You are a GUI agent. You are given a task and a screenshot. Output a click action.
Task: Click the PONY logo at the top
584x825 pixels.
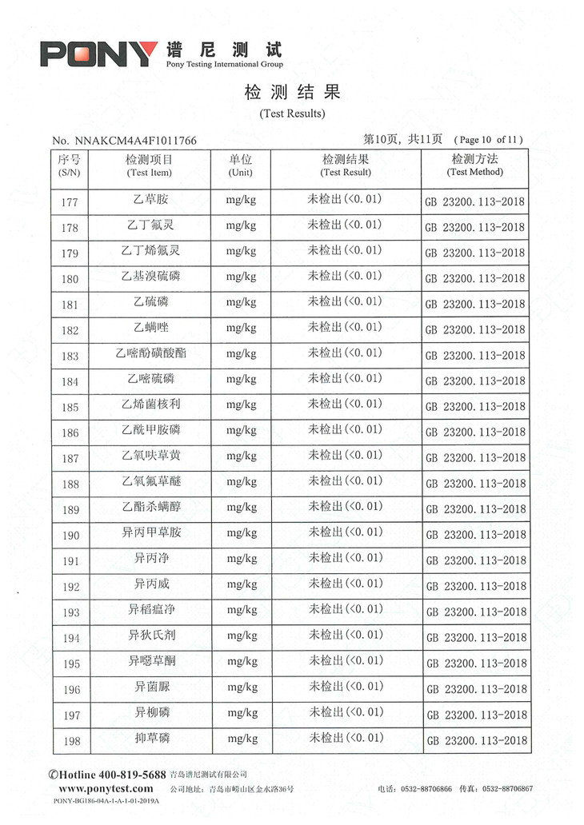(98, 54)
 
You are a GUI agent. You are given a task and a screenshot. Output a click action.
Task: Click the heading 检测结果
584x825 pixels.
(292, 93)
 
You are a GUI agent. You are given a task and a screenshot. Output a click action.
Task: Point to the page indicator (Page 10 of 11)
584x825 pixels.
(490, 140)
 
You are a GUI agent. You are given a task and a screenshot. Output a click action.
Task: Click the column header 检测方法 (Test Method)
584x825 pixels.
(474, 165)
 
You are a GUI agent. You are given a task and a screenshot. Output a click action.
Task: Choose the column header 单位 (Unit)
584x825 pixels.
(240, 165)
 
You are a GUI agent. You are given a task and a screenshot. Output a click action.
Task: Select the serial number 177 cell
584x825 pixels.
(70, 202)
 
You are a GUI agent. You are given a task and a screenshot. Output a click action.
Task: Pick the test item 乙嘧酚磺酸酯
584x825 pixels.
(150, 353)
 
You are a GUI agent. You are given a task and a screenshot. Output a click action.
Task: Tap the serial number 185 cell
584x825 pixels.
(70, 407)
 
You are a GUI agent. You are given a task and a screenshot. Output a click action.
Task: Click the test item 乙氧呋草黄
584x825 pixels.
(150, 456)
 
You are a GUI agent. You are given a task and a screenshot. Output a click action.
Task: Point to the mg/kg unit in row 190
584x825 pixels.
(241, 533)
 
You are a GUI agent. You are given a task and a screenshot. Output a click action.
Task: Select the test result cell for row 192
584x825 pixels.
(346, 584)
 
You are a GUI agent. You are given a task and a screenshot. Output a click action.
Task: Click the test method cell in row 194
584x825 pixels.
(476, 638)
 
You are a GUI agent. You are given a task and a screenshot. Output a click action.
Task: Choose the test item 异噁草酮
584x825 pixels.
(150, 661)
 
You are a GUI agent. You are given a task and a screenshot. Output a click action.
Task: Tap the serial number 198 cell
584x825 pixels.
(70, 741)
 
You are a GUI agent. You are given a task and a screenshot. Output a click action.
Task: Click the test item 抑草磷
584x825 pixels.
(150, 738)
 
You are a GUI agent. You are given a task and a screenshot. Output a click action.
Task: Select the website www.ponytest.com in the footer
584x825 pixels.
(111, 788)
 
